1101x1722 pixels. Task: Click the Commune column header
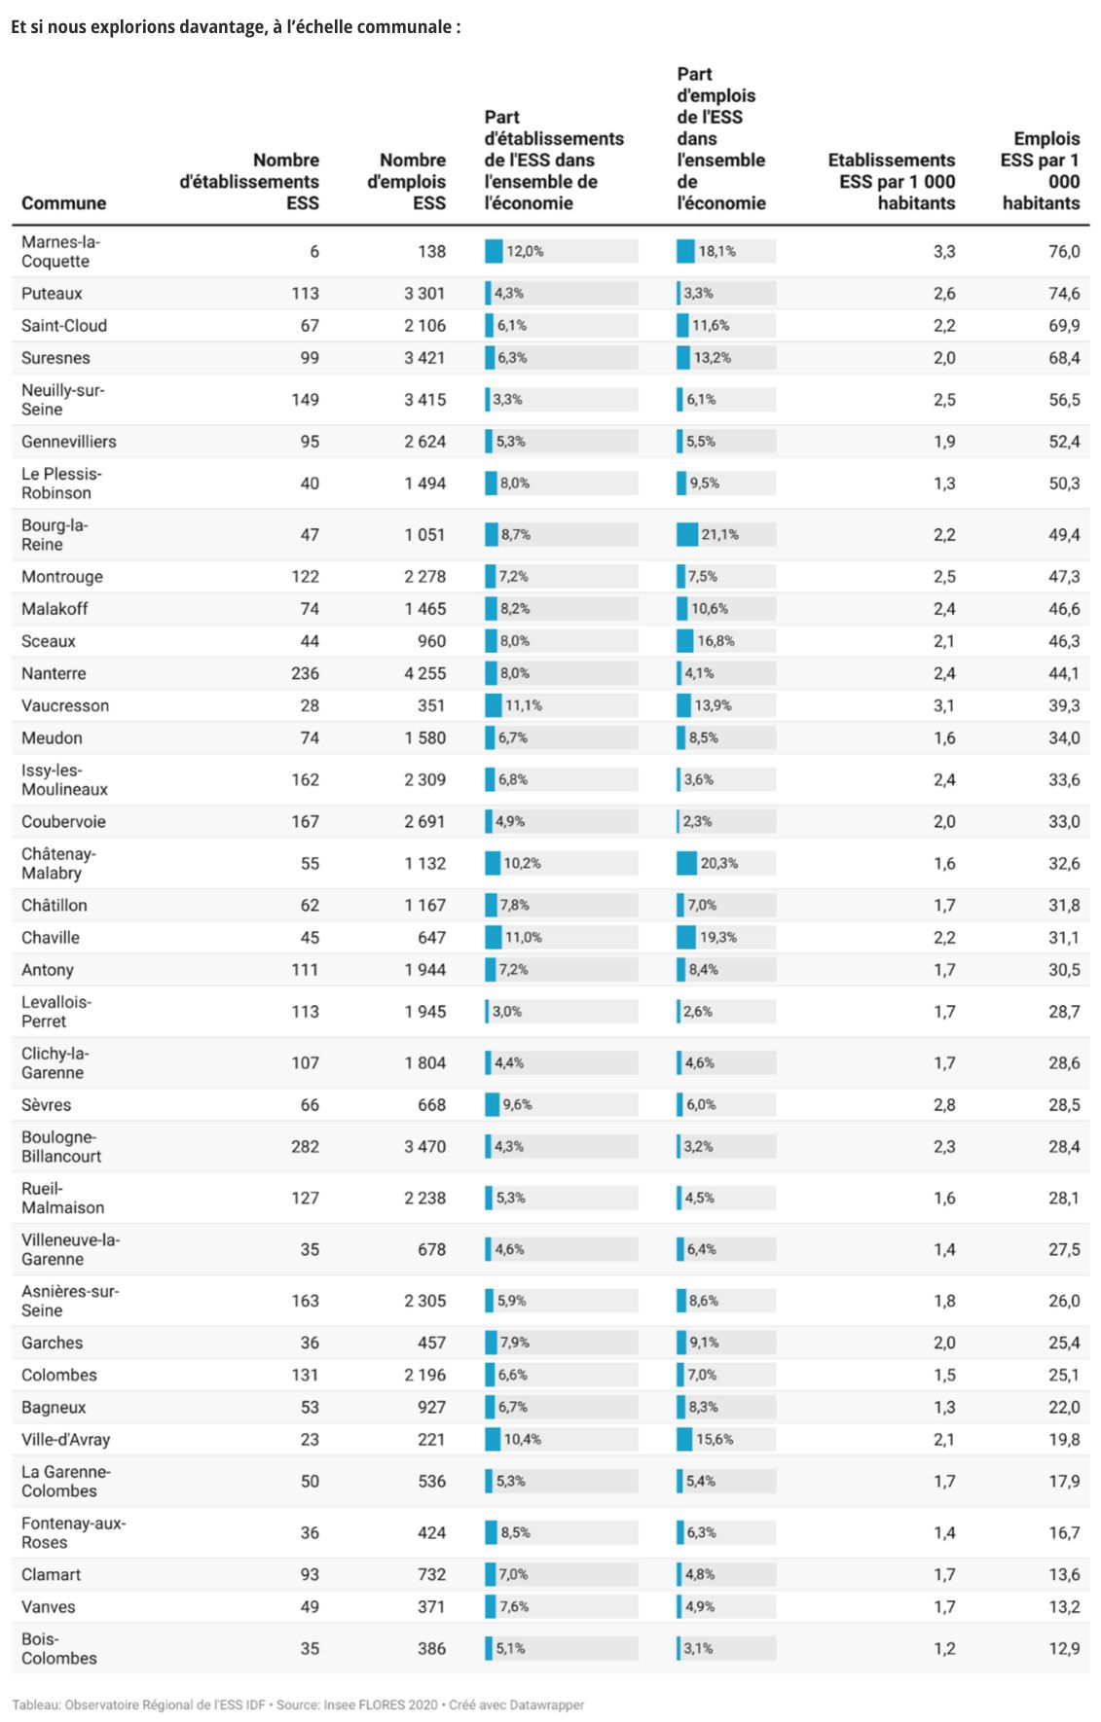[63, 203]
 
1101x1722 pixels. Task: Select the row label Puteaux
[52, 294]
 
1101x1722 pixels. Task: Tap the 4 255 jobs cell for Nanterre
[424, 673]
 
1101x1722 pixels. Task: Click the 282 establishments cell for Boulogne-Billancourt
[305, 1147]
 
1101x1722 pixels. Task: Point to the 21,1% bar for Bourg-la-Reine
[688, 535]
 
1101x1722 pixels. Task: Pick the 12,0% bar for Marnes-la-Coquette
[495, 252]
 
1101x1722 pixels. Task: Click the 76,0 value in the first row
[1063, 252]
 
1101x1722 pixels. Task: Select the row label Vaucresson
[65, 706]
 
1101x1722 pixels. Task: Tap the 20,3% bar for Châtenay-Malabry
[687, 864]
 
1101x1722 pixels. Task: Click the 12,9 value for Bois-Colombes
[1063, 1649]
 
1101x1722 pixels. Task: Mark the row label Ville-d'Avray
[66, 1440]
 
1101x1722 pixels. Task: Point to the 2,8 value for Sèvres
[943, 1105]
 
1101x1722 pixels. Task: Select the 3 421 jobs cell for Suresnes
[424, 358]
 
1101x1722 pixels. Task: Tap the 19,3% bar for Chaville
[687, 938]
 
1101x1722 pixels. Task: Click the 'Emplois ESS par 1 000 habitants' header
[1040, 171]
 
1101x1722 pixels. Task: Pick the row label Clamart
[51, 1575]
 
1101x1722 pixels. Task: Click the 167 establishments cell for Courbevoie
[305, 822]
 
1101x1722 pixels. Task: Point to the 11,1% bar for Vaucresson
[494, 706]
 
